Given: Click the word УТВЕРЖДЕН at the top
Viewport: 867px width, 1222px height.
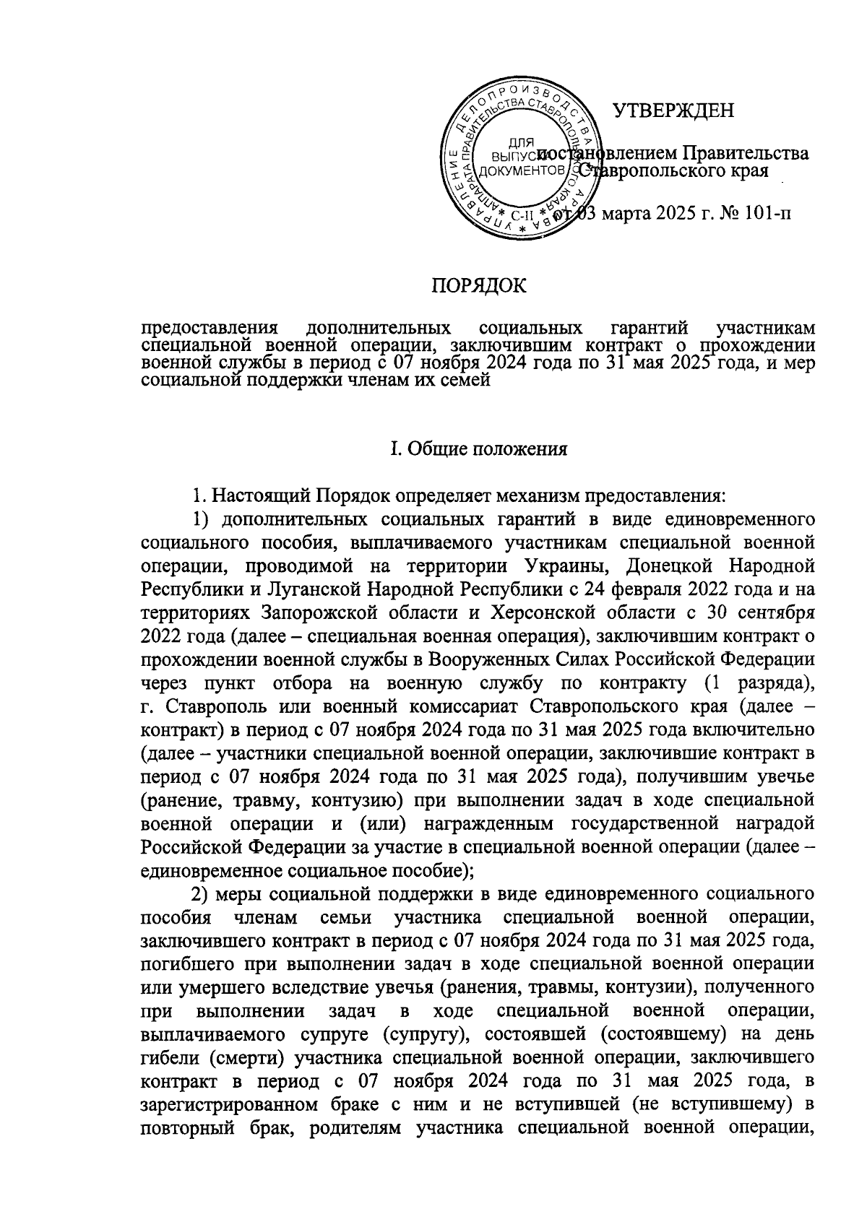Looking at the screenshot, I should [x=673, y=110].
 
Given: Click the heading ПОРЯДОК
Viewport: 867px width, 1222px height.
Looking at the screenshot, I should [x=479, y=286].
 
